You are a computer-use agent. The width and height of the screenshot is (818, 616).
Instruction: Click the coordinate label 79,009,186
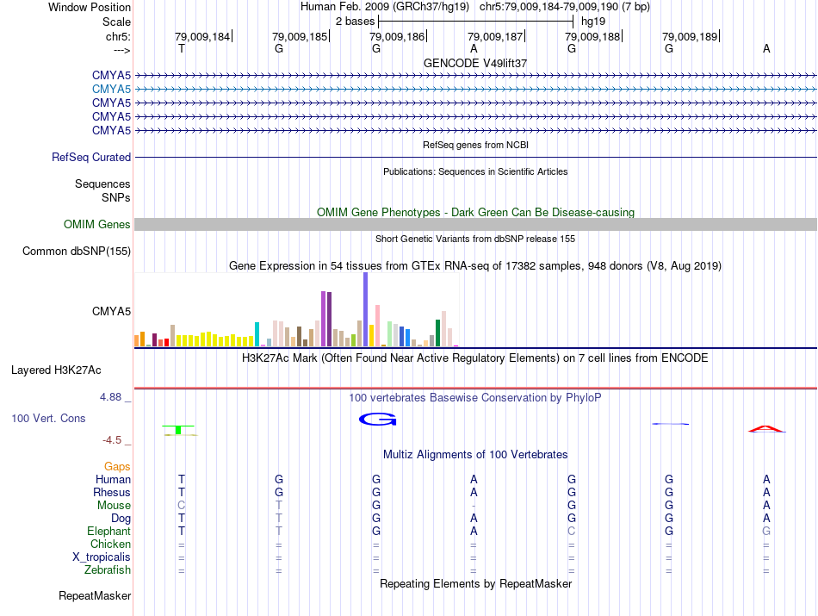pyautogui.click(x=397, y=37)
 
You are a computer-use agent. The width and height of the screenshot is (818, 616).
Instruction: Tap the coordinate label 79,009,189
pyautogui.click(x=689, y=37)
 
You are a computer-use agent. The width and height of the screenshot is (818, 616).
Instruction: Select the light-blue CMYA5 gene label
pyautogui.click(x=111, y=89)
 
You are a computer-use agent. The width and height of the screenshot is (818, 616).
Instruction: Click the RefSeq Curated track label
pyautogui.click(x=91, y=158)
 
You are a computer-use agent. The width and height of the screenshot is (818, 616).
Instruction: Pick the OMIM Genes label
pyautogui.click(x=97, y=225)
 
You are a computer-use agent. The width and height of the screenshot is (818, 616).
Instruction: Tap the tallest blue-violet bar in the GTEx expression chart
pyautogui.click(x=365, y=309)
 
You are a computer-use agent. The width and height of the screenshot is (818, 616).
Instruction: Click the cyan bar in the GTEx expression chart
pyautogui.click(x=257, y=333)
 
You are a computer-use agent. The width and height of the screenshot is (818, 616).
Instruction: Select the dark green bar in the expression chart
pyautogui.click(x=437, y=333)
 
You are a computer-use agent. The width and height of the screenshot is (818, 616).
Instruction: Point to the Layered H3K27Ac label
pyautogui.click(x=56, y=370)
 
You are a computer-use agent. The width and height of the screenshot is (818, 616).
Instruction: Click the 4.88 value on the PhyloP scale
pyautogui.click(x=113, y=397)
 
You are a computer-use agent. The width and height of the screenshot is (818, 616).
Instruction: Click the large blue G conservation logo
pyautogui.click(x=377, y=420)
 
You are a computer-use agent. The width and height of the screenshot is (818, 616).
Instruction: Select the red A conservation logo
pyautogui.click(x=766, y=428)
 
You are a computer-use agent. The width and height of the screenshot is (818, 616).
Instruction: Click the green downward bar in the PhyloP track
pyautogui.click(x=178, y=429)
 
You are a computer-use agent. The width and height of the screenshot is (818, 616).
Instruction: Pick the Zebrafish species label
pyautogui.click(x=108, y=570)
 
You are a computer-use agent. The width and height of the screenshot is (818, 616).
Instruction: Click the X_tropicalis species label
pyautogui.click(x=102, y=557)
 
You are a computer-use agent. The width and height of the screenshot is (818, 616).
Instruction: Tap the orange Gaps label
pyautogui.click(x=117, y=466)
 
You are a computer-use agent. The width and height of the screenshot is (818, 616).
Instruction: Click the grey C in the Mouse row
pyautogui.click(x=181, y=505)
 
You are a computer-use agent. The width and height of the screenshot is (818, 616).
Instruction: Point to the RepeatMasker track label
pyautogui.click(x=95, y=595)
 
